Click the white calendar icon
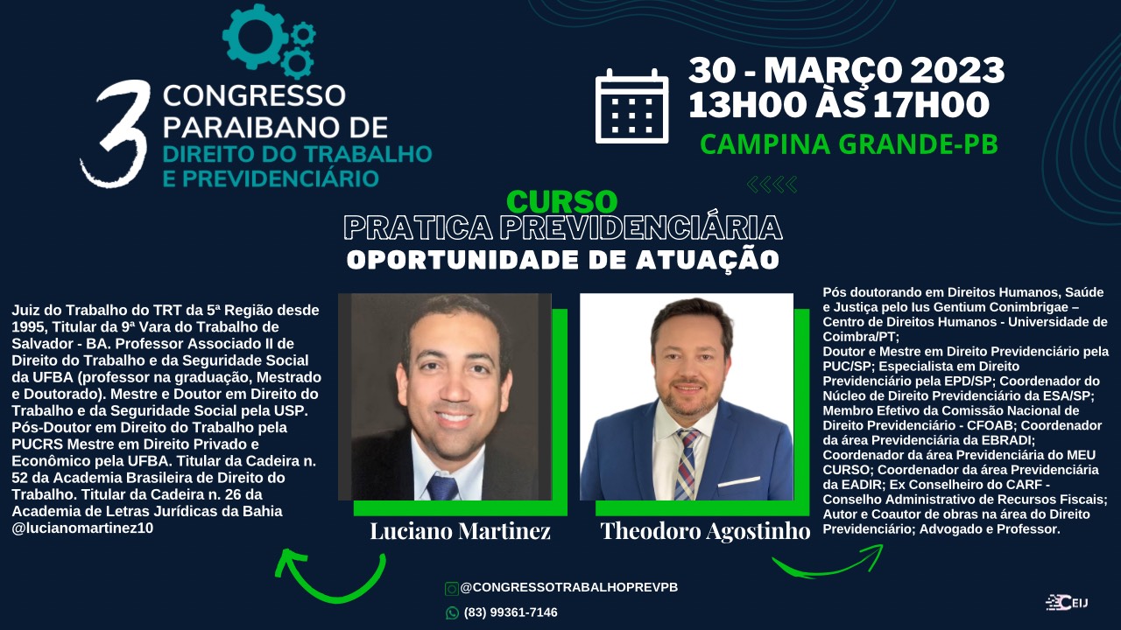coord(631,106)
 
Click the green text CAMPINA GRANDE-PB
coord(849,144)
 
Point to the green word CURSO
coord(561,201)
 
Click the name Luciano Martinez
coord(460,530)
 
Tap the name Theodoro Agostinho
coord(705,530)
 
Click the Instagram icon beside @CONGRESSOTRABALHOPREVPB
coord(451,589)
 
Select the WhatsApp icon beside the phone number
coord(452,612)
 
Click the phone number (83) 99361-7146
coord(511,612)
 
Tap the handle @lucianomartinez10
coord(82,528)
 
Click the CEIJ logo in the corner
coord(1067,603)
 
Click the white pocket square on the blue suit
coord(739,482)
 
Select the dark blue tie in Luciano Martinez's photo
coord(442,487)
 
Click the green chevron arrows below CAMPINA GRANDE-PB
coord(772,185)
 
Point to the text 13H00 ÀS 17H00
coord(839,106)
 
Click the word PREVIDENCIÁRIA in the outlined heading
coord(640,227)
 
